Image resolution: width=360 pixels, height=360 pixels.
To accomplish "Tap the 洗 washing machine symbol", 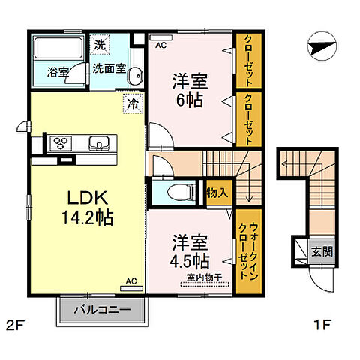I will click(x=100, y=44).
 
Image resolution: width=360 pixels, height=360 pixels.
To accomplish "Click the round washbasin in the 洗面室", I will click(x=134, y=76).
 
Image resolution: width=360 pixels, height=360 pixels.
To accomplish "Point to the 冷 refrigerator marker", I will click(x=131, y=104).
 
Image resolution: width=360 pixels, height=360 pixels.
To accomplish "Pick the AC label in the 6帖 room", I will click(x=160, y=45).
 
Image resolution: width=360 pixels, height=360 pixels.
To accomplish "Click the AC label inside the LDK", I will click(x=130, y=281).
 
